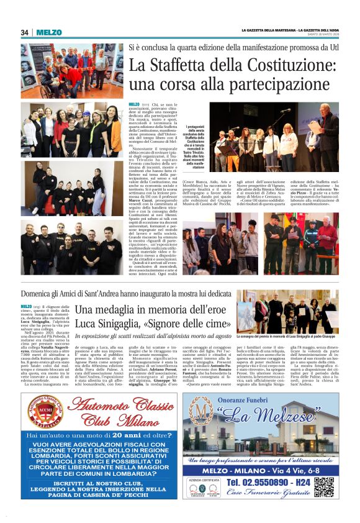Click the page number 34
(x=25, y=32)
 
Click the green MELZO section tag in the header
(x=48, y=32)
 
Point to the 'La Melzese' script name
(x=263, y=411)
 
